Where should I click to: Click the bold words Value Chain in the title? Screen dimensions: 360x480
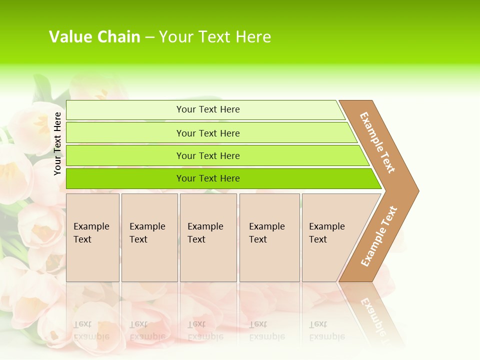[94, 37]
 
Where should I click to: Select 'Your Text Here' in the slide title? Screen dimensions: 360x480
[215, 37]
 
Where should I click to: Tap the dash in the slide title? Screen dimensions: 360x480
[149, 37]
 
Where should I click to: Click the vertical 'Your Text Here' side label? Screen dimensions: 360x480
[58, 143]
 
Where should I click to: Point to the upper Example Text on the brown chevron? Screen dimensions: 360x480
[377, 142]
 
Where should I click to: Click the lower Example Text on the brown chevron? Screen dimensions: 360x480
[379, 236]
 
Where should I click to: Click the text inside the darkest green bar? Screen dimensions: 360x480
[208, 178]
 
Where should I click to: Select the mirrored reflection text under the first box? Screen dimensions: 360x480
[91, 330]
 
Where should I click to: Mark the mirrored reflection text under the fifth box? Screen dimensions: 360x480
[326, 330]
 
